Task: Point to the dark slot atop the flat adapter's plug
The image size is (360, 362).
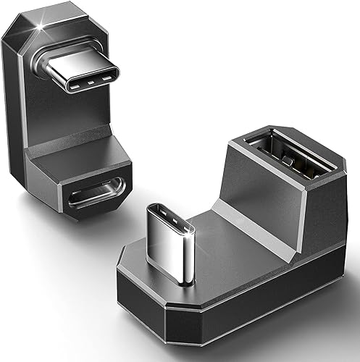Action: (171, 213)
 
